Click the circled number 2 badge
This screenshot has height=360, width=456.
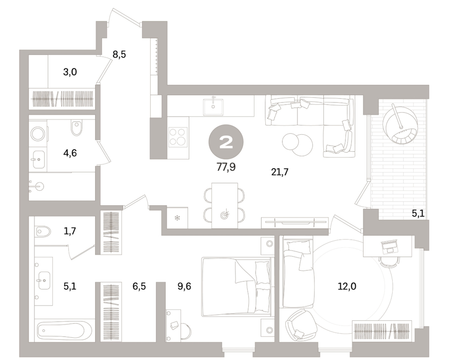coord(226,142)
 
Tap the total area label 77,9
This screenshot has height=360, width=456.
coord(226,167)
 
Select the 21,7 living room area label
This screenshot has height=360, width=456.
coord(280,172)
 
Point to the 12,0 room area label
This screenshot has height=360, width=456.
coord(346,286)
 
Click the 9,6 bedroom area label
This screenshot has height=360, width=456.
coord(184,286)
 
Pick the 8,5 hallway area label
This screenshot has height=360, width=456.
coord(119,54)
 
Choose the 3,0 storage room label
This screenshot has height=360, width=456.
coord(70,71)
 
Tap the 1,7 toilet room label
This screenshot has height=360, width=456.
coord(70,231)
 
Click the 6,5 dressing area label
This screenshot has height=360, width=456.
coord(139,286)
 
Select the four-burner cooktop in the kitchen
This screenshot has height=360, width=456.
coord(178,136)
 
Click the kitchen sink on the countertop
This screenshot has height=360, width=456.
coord(213,106)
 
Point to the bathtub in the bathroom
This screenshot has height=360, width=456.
coord(64,331)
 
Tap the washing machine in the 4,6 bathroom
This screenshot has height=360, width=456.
coord(38,134)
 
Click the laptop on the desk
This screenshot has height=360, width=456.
coord(390,246)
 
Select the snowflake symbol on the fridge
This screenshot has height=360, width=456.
coord(177,218)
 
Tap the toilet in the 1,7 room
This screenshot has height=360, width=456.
coord(43,231)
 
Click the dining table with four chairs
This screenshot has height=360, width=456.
coord(225,206)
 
